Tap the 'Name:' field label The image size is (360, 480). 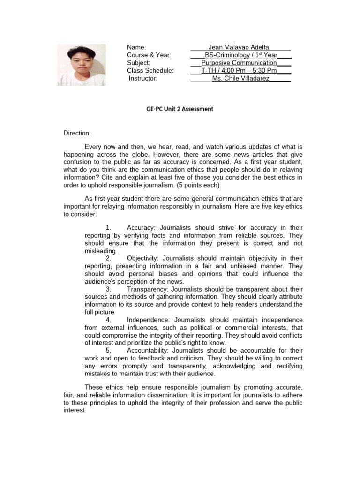pos(137,47)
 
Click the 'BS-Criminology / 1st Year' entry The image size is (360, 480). pos(241,55)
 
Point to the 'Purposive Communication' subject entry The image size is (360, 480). pos(239,63)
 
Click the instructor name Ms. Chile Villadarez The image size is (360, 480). pos(240,78)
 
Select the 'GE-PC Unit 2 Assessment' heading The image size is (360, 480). pos(180,109)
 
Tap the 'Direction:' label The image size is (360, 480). pos(77,133)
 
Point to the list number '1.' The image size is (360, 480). pos(108,228)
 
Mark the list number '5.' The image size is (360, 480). pos(108,350)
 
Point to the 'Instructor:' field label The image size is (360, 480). pos(143,78)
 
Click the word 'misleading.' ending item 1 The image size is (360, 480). pos(100,251)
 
